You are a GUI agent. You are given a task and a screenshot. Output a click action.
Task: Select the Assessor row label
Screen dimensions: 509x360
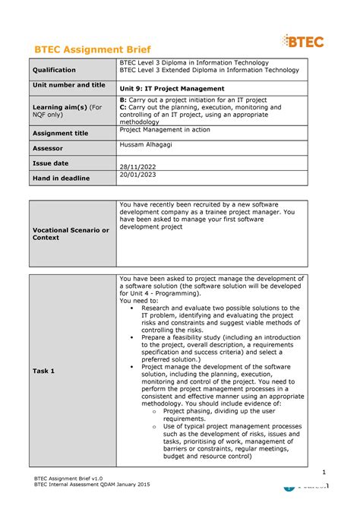click(x=47, y=148)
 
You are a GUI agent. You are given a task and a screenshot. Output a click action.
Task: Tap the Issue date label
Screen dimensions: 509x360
click(x=50, y=163)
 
